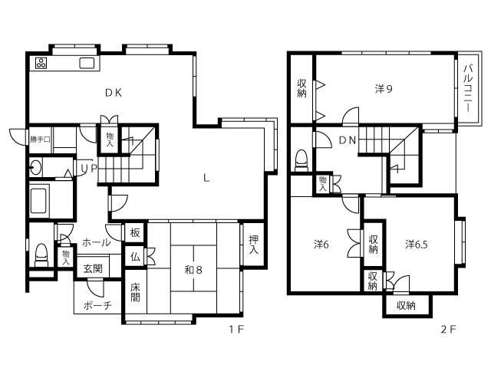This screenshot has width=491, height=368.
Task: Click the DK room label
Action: tap(114, 93)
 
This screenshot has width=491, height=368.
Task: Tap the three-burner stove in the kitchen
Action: tap(41, 63)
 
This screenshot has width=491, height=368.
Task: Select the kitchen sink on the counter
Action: tap(87, 63)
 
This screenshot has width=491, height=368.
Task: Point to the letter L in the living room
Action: tap(206, 179)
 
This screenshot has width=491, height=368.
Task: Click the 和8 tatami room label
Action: tap(193, 269)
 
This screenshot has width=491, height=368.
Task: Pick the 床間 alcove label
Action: tap(135, 293)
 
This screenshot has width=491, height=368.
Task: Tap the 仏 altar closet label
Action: tap(135, 258)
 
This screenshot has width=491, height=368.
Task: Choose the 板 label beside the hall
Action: tap(135, 233)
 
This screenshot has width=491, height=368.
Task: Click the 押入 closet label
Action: tap(253, 245)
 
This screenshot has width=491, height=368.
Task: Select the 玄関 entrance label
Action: tap(93, 268)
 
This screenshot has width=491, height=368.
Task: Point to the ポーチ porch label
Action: tap(97, 305)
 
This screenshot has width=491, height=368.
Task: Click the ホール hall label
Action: tap(97, 242)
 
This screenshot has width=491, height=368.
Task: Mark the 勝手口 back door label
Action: tap(41, 140)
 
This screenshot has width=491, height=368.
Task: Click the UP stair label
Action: tap(89, 169)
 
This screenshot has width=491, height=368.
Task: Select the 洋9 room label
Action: tap(384, 89)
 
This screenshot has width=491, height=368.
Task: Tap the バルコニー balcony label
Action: tap(468, 88)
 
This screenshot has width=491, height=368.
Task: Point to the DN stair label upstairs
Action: tap(348, 140)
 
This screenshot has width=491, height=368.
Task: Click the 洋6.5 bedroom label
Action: tap(417, 245)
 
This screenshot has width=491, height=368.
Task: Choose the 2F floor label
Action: tap(448, 329)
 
